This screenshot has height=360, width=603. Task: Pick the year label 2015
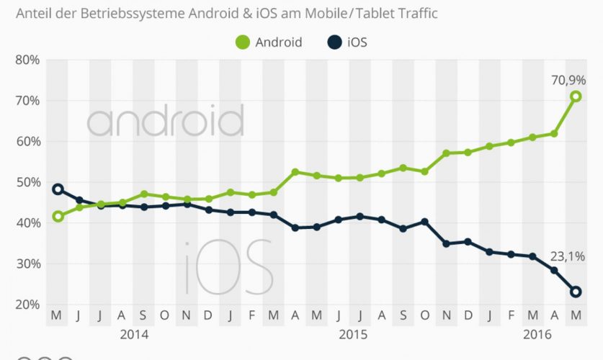pos(353,335)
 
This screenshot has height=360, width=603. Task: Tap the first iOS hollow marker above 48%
pos(58,189)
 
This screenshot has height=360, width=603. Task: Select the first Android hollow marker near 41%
pos(58,216)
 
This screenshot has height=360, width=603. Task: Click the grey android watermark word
pos(165,120)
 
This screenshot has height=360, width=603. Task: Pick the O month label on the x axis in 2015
pos(425,316)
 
